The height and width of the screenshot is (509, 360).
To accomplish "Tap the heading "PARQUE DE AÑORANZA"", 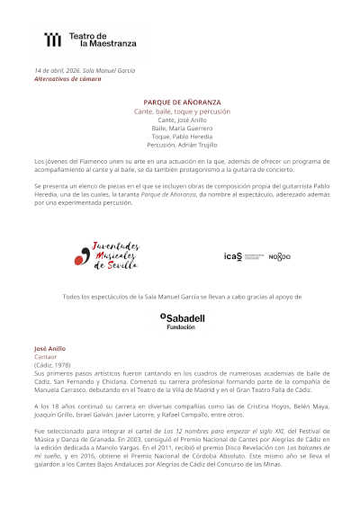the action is (x=182, y=103).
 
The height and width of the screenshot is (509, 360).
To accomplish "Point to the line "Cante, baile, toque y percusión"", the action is (x=182, y=111).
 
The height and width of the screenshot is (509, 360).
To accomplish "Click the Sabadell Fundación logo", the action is (x=181, y=321).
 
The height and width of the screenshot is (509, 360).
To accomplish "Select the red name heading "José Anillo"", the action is (x=50, y=347).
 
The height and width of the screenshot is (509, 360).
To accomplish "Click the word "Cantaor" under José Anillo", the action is (x=45, y=355).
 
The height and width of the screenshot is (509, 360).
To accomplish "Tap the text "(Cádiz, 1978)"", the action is (x=51, y=363).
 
